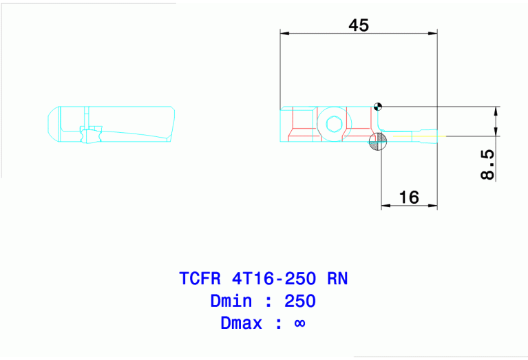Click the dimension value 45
pos(359,25)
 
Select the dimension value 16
pos(409,198)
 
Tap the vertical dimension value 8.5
pos(487,165)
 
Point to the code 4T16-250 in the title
pos(277,279)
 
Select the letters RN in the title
pos(337,279)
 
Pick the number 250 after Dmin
pos(300,301)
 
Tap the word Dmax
pos(241,323)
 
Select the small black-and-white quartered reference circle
pos(377,106)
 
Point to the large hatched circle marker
pos(378,142)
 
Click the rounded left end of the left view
pos(50,124)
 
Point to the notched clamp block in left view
pos(90,133)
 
